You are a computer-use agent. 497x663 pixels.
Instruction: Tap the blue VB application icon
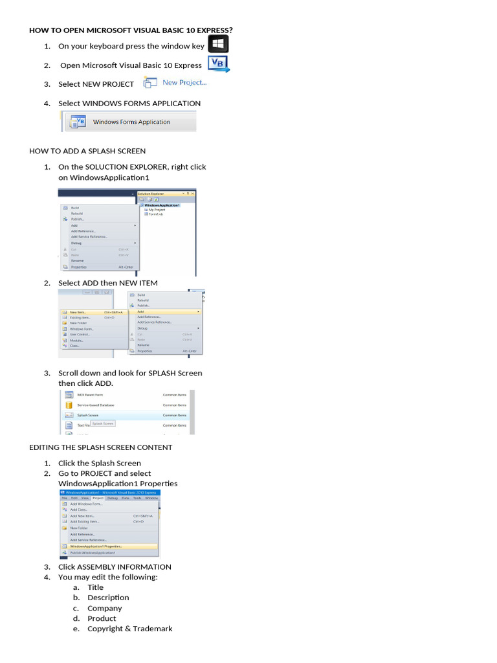tap(217, 63)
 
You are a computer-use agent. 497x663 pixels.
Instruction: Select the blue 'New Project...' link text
tap(184, 82)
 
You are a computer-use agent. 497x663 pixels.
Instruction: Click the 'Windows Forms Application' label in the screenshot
tap(131, 122)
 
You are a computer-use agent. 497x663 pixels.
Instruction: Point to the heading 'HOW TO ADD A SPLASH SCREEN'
tap(87, 151)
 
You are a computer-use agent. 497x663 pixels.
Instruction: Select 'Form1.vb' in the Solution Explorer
tap(158, 214)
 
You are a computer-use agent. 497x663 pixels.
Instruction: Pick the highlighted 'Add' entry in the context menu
tap(141, 311)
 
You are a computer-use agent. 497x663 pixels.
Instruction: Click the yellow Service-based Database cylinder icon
tap(69, 405)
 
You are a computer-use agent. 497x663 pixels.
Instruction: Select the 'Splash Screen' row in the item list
tap(90, 415)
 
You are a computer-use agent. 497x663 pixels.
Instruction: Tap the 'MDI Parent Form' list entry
tap(91, 394)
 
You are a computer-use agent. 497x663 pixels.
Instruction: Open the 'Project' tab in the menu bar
tap(89, 498)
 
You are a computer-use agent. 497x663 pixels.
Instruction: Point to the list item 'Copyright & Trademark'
tap(129, 629)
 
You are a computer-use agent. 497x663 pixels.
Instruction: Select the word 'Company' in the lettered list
tap(105, 608)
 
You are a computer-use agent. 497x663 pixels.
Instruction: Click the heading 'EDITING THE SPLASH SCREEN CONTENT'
tap(101, 447)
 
